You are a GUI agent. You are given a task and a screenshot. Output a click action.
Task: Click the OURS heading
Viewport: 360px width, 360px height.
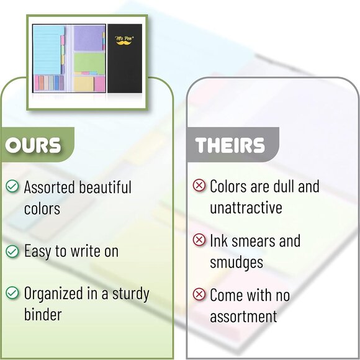point(34,145)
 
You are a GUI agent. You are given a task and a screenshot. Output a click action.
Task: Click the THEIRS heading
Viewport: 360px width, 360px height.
point(230,145)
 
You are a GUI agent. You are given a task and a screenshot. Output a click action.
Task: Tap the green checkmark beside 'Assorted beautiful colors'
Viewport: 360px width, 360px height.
point(12,186)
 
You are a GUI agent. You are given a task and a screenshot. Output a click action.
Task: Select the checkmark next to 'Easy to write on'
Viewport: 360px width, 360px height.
point(12,251)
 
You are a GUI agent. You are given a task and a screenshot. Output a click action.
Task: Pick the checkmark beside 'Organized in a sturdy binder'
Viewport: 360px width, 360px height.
point(12,293)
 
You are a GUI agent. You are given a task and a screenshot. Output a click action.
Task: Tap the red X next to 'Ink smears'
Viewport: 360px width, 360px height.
point(199,240)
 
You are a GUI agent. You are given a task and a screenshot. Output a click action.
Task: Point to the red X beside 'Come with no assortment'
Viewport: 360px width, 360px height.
point(199,294)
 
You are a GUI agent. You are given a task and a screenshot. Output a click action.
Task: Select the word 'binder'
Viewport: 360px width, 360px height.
point(42,315)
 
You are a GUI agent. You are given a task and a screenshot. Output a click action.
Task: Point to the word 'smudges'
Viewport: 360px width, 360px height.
point(236,262)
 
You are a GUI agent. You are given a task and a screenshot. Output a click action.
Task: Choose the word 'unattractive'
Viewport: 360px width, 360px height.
point(246,207)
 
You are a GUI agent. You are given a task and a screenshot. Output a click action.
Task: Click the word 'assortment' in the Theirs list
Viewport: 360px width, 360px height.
point(243,317)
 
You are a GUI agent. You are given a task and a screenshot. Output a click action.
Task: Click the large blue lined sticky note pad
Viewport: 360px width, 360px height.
point(48,50)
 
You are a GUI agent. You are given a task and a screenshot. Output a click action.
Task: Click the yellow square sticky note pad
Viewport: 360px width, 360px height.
point(83,83)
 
